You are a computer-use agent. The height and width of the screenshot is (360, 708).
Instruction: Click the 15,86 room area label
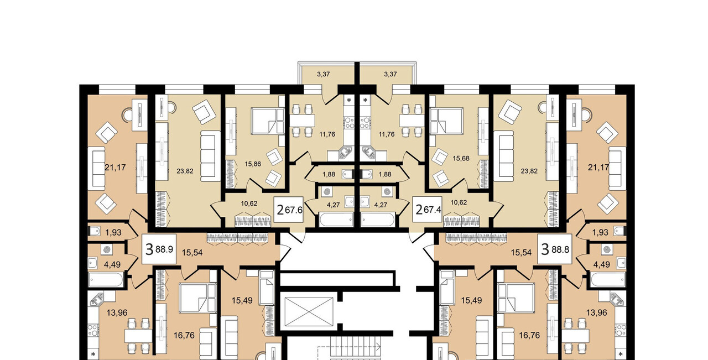(253, 164)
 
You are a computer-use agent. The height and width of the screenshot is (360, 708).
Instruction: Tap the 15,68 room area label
(461, 158)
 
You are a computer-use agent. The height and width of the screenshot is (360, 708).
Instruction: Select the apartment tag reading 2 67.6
(289, 210)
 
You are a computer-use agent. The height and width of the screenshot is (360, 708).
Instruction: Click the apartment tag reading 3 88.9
(159, 249)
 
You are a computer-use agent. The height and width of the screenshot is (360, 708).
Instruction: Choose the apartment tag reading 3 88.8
(555, 249)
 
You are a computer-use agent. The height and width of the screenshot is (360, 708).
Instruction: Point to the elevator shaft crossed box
(309, 311)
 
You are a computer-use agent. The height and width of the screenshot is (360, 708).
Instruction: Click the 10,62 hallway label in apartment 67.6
(249, 204)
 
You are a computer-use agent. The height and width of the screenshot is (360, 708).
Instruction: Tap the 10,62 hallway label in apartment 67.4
(459, 202)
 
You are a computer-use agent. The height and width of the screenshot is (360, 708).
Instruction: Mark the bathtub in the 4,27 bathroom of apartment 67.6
(336, 220)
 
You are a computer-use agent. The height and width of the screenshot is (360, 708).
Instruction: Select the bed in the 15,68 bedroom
(446, 121)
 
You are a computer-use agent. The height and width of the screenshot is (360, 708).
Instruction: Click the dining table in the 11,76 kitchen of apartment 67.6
(302, 121)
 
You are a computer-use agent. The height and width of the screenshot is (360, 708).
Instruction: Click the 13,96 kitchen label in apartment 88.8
(597, 313)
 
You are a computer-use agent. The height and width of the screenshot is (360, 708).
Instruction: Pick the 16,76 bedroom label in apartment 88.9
(184, 335)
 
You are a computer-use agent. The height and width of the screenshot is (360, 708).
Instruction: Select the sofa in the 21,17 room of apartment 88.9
(96, 169)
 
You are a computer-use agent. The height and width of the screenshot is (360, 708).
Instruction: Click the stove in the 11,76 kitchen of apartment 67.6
(350, 122)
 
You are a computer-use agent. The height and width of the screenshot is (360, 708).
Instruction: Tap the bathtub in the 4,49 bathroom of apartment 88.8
(607, 280)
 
